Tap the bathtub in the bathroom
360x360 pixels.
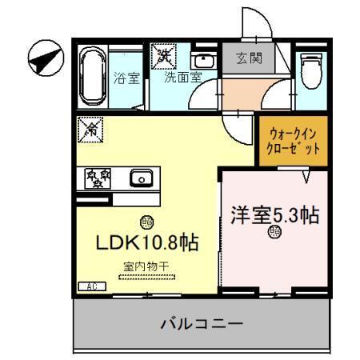93,78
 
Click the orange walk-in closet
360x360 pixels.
291,142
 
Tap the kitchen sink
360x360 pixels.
142,178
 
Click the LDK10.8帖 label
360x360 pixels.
148,242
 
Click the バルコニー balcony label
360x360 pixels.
201,324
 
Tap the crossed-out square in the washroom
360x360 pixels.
165,56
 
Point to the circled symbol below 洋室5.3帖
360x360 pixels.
275,233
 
